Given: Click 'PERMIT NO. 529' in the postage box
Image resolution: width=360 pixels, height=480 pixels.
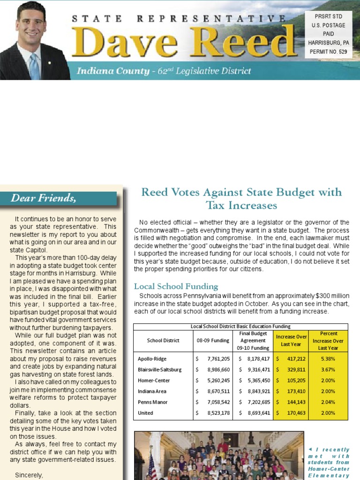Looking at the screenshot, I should click(328, 52).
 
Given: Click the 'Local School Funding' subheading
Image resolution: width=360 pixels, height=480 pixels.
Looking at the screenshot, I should click(176, 286).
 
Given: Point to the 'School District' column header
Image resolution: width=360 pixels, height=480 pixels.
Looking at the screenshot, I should click(163, 340).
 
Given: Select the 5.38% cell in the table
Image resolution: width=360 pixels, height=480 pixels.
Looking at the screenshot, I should click(328, 359).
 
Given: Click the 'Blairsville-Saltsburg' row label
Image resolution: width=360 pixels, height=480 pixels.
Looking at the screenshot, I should click(159, 369).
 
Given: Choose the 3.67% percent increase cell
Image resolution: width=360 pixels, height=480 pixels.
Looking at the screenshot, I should click(328, 369).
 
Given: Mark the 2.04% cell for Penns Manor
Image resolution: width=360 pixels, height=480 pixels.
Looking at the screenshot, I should click(328, 402).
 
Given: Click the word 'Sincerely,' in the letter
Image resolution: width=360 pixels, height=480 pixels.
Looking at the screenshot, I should click(29, 475).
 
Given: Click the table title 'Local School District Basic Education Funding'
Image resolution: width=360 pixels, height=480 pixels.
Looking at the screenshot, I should click(240, 326).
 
